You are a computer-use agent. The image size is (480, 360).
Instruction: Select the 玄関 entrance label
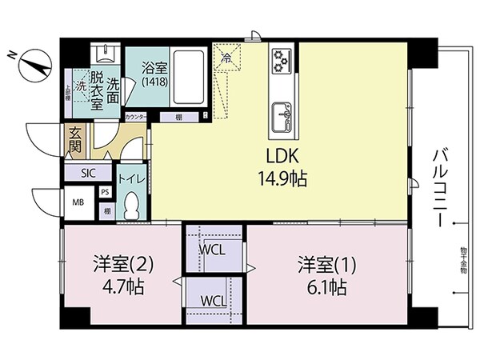coord(75,141)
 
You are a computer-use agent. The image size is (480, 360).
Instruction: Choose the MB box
coord(78,202)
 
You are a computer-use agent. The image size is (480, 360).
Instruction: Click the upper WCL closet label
coord(213,249)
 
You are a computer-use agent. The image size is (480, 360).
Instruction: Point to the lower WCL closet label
coord(213,301)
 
